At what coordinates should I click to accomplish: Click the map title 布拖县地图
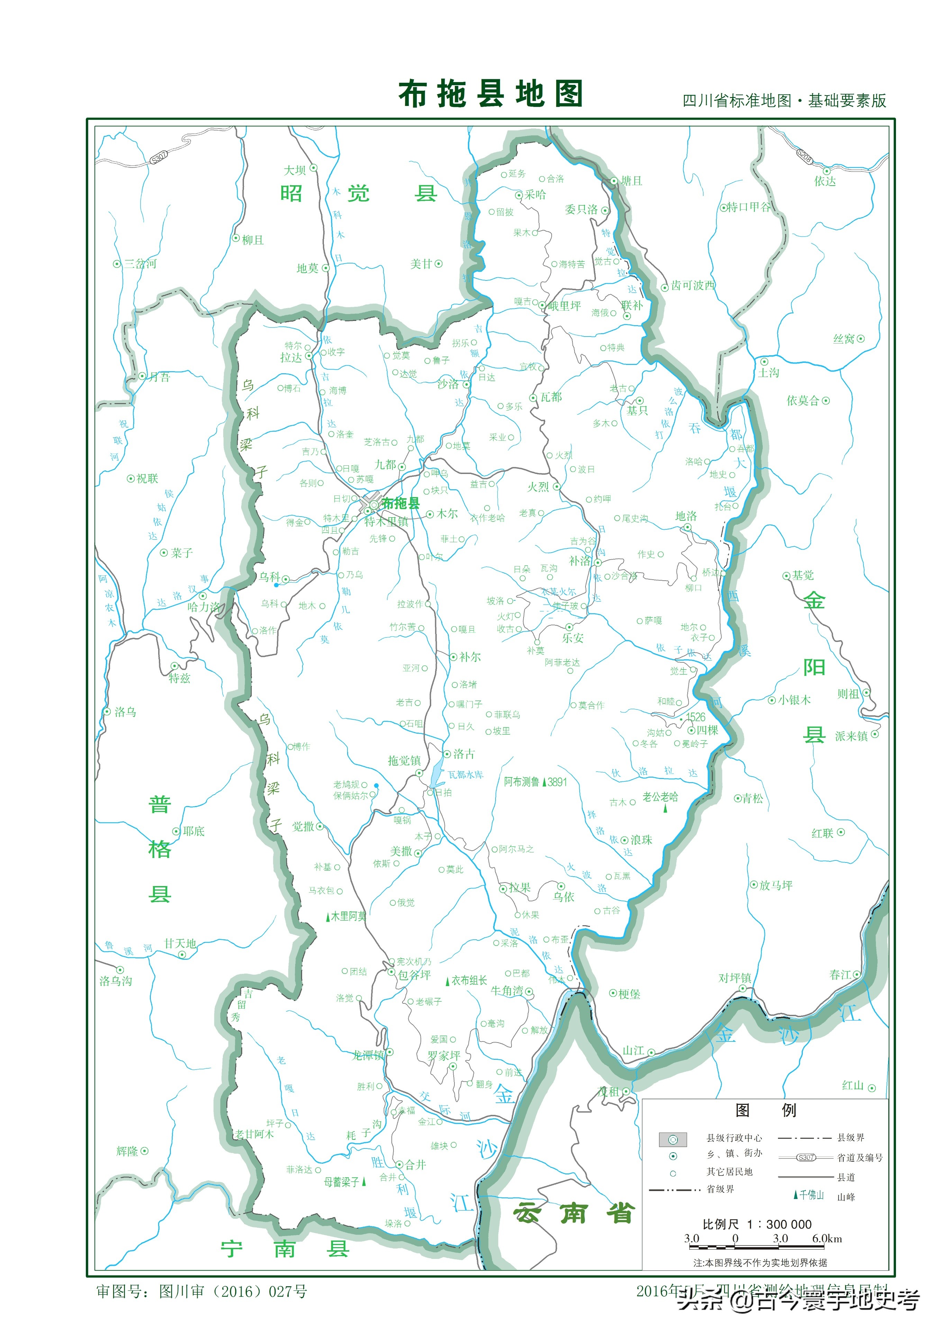[x=490, y=94]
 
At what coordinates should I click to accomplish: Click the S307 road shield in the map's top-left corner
[x=158, y=157]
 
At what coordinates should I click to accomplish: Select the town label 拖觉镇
[x=404, y=761]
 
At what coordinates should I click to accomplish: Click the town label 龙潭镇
[x=368, y=1055]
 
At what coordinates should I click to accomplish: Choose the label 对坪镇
[x=735, y=978]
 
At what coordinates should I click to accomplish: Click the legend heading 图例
[x=765, y=1110]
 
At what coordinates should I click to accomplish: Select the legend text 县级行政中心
[x=734, y=1138]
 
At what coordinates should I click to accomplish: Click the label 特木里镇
[x=386, y=522]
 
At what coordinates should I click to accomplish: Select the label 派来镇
[x=851, y=736]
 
